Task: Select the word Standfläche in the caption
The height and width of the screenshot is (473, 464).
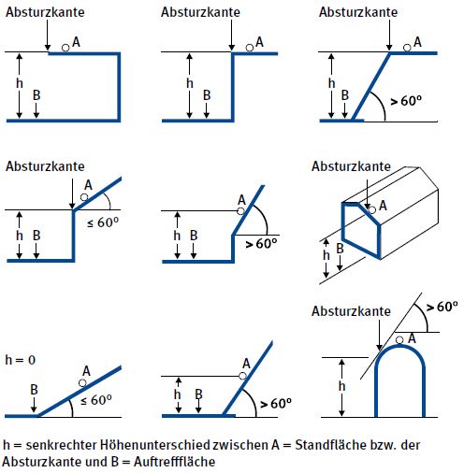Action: (x=340, y=445)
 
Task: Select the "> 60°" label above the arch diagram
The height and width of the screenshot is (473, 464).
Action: (x=442, y=306)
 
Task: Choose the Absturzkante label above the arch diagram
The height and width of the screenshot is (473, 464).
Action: (x=350, y=310)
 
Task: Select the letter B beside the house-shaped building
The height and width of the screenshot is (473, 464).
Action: (x=341, y=248)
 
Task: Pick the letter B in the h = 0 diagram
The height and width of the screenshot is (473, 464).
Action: (x=33, y=387)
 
